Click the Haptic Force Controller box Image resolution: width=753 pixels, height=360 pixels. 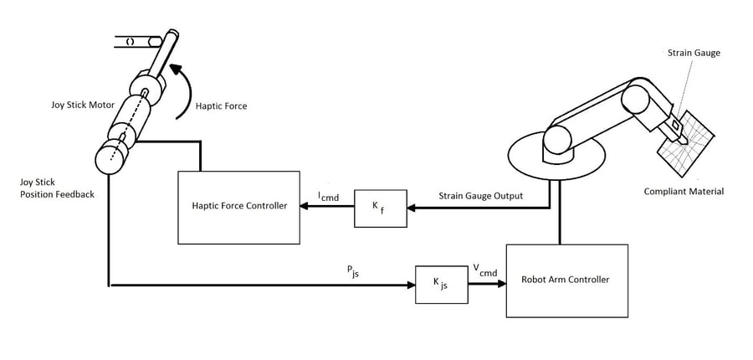pyautogui.click(x=239, y=207)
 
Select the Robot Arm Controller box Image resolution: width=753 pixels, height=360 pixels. pyautogui.click(x=566, y=280)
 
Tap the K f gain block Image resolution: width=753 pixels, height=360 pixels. pyautogui.click(x=381, y=207)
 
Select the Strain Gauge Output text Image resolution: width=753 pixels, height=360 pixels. pyautogui.click(x=481, y=196)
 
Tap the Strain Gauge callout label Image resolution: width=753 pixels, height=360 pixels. pyautogui.click(x=694, y=53)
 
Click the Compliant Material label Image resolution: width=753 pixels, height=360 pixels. pyautogui.click(x=684, y=192)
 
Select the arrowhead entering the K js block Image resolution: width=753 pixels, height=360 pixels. pyautogui.click(x=411, y=285)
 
